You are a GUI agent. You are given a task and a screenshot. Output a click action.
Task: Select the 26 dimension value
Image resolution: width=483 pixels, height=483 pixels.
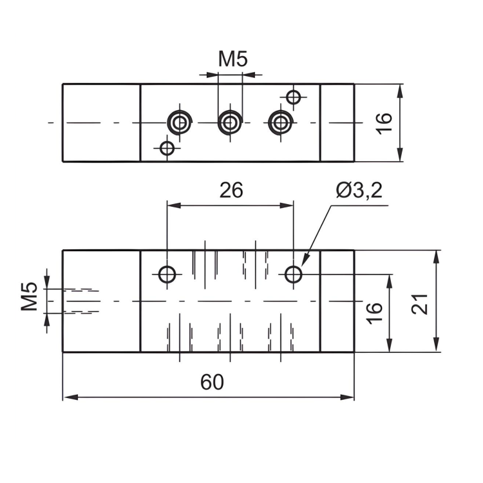point(231,191)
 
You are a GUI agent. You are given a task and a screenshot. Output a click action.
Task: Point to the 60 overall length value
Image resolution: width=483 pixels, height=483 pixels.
point(212,382)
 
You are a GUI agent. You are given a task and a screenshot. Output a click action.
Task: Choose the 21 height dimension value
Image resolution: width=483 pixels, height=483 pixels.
point(419,302)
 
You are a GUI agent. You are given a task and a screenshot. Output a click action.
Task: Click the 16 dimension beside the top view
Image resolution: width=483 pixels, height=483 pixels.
point(383,122)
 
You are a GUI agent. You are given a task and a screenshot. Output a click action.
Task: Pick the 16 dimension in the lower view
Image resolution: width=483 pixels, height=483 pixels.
point(374,312)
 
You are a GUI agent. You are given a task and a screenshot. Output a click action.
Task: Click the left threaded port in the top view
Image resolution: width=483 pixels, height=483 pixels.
point(179,122)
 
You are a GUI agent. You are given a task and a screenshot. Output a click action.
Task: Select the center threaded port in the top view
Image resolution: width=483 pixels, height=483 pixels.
point(230,122)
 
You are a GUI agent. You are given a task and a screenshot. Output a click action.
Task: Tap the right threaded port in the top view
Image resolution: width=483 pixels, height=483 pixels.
point(280,122)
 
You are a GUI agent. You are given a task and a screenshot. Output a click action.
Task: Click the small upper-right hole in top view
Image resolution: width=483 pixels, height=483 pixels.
point(294,97)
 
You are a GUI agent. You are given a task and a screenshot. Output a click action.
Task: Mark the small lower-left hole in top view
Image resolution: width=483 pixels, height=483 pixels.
point(167,148)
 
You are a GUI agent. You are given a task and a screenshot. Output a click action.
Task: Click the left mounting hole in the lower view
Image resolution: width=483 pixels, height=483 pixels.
point(167,275)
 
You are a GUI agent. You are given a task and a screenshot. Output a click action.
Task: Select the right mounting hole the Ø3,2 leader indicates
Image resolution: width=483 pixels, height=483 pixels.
point(294,275)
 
